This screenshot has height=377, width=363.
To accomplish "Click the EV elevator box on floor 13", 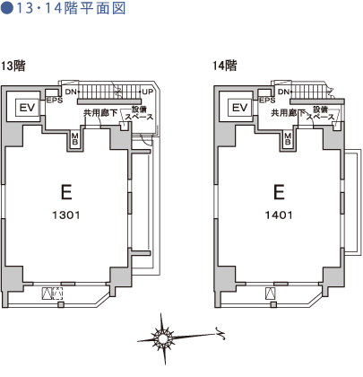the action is click(27, 108).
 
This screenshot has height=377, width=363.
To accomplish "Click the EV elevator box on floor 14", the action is click(240, 108).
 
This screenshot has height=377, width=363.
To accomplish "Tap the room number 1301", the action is click(66, 215).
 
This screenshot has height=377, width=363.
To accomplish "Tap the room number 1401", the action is click(279, 215).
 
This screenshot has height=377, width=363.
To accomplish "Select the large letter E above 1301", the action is click(66, 192).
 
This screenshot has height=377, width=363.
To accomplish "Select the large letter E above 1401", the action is click(279, 192).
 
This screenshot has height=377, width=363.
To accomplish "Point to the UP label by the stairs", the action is click(148, 92).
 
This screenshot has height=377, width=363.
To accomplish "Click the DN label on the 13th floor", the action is click(71, 92).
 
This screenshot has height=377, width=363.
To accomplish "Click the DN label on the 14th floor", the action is click(284, 92).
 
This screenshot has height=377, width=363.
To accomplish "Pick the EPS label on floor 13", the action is click(55, 101).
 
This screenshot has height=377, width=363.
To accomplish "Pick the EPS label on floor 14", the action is click(267, 101).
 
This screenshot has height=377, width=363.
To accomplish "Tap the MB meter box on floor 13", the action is click(74, 139).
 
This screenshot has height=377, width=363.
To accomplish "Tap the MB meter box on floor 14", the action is click(288, 139).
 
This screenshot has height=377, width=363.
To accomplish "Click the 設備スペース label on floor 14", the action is click(321, 113).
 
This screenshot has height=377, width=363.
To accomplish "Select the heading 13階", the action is click(13, 66).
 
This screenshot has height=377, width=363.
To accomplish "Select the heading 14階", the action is click(225, 66).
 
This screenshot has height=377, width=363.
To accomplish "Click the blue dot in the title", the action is click(7, 8).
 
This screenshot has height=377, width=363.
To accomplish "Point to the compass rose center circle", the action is click(163, 338).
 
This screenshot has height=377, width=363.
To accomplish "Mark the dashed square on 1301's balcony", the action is click(58, 294).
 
